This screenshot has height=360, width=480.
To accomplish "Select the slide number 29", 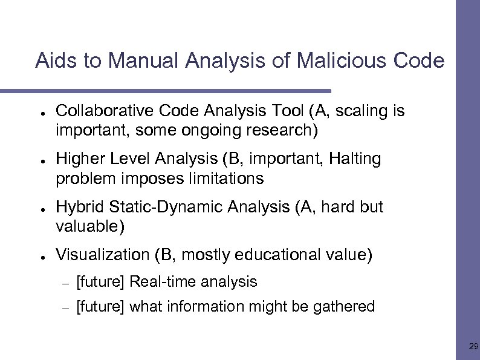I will coord(473,347).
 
